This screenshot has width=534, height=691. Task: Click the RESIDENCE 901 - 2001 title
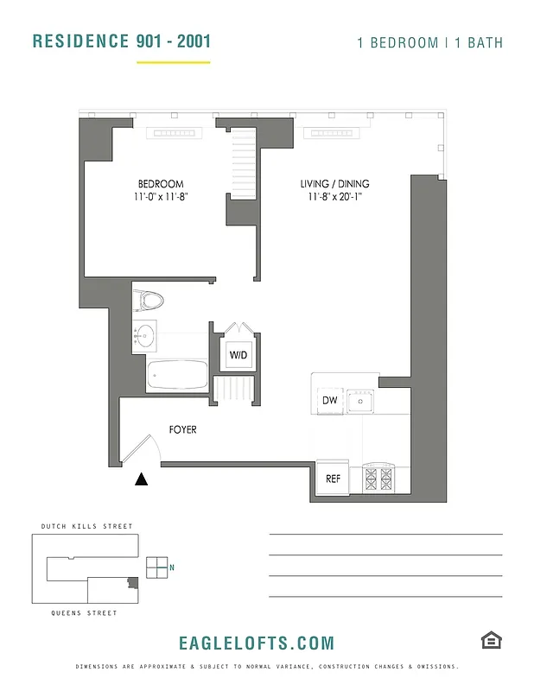click(121, 41)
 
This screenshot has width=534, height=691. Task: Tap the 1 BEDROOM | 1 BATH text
click(429, 42)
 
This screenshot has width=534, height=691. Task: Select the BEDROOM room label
click(161, 184)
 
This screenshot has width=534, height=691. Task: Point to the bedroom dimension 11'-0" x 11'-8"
click(161, 197)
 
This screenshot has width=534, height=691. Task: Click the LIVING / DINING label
click(334, 184)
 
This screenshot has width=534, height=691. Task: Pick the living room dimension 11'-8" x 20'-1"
click(334, 197)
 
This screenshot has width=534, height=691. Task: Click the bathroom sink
click(144, 335)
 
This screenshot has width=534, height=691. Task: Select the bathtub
click(177, 375)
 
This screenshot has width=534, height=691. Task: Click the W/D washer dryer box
click(238, 355)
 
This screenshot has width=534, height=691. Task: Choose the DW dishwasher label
click(329, 401)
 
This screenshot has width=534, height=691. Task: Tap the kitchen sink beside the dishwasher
click(361, 401)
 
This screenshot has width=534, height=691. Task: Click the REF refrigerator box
click(333, 479)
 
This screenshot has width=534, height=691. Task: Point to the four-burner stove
click(378, 478)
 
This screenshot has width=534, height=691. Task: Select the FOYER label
click(182, 429)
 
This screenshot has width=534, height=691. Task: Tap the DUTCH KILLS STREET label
click(86, 526)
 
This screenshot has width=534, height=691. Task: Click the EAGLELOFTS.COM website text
click(256, 643)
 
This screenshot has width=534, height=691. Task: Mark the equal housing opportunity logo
click(491, 639)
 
